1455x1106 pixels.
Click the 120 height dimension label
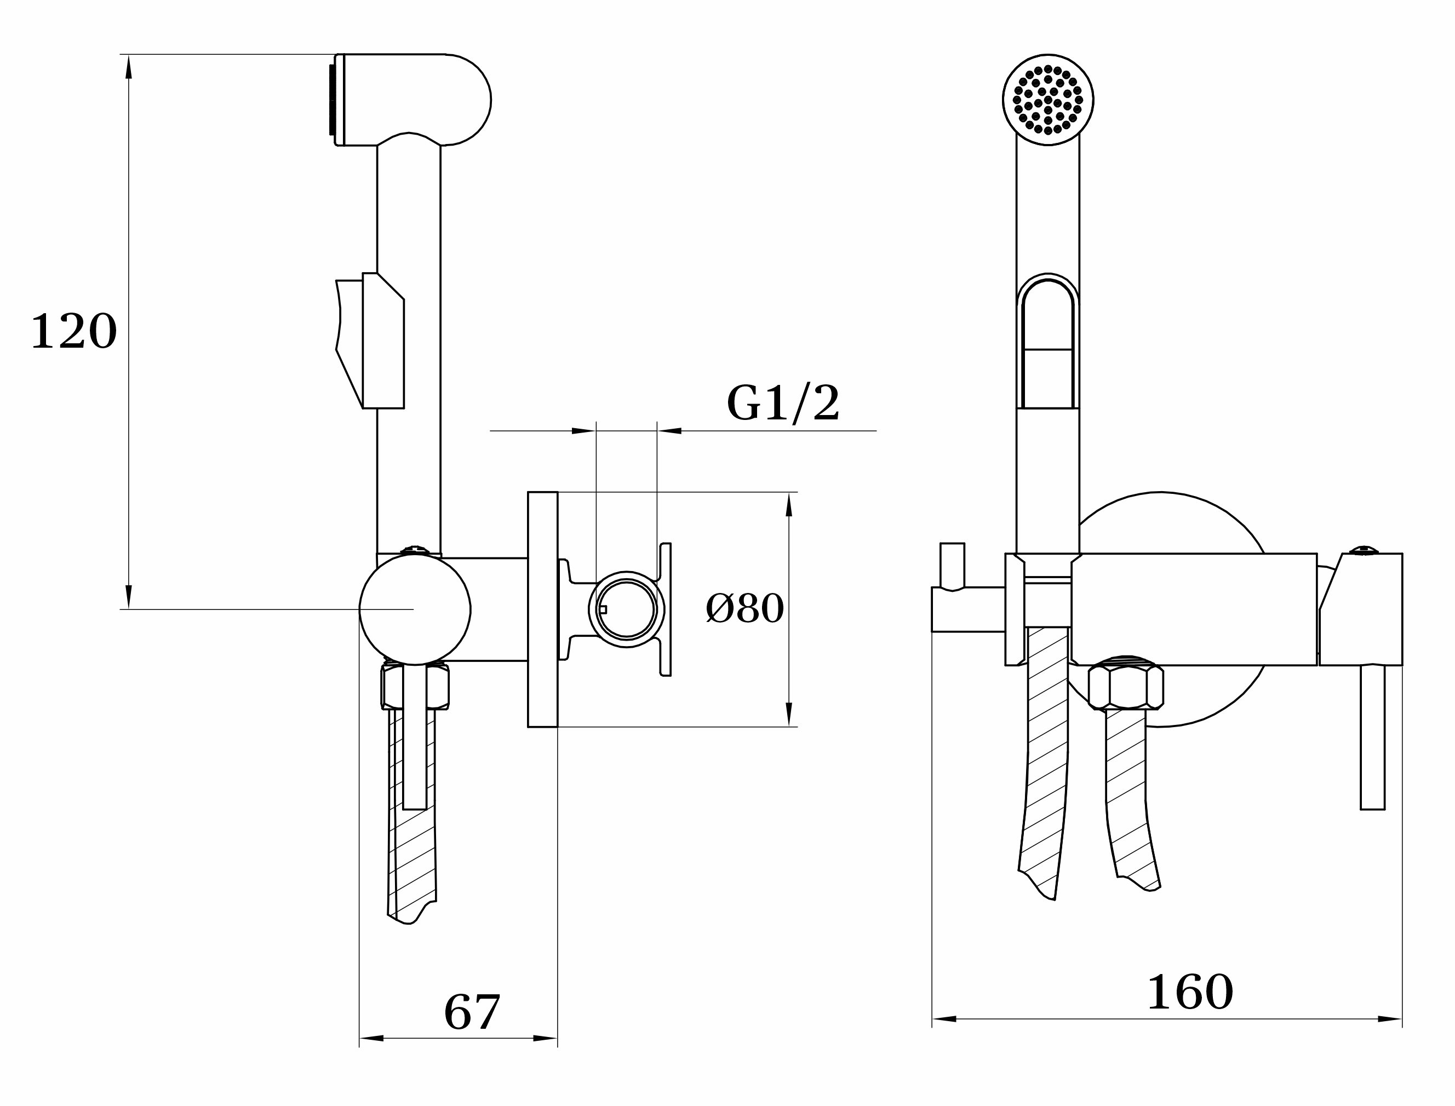click(x=74, y=331)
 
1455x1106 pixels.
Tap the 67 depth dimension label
click(x=472, y=1012)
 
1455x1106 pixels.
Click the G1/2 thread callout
click(x=783, y=403)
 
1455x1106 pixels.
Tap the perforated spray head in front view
click(x=1048, y=100)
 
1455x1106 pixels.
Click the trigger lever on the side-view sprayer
click(x=370, y=341)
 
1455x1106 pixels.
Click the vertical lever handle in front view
click(x=1373, y=738)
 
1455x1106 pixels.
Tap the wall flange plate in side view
click(x=543, y=609)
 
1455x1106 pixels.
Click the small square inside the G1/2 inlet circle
click(x=603, y=609)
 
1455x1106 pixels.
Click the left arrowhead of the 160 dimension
click(x=944, y=1019)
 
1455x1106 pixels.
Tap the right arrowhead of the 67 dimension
click(x=546, y=1038)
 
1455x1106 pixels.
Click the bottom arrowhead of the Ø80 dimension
click(x=789, y=715)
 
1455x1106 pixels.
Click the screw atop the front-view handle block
click(x=1364, y=550)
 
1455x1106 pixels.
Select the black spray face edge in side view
click(x=332, y=100)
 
